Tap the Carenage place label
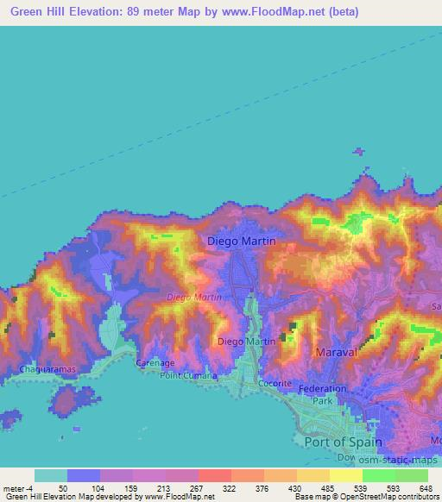click(155, 363)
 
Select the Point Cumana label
click(188, 375)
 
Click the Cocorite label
click(275, 383)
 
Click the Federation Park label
click(321, 395)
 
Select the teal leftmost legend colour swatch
click(51, 475)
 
